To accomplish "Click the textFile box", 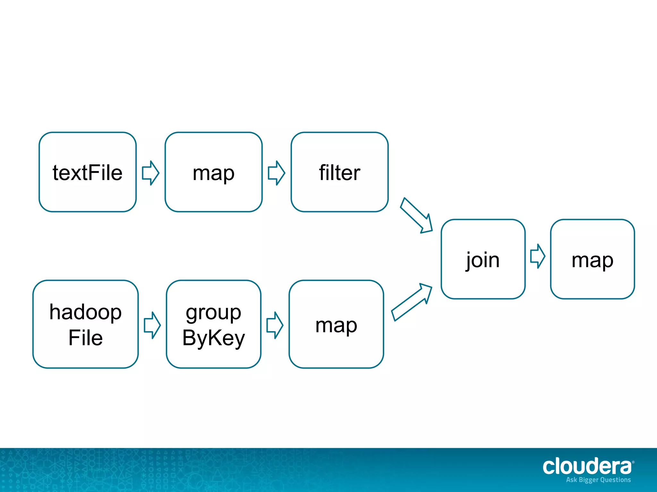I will (87, 172).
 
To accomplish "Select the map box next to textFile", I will (213, 172).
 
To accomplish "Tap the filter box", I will (339, 172).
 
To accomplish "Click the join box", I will (483, 259).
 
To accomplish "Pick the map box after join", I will (592, 259).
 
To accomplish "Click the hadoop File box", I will (85, 324).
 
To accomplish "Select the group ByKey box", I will (213, 324).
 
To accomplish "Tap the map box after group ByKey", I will (336, 324).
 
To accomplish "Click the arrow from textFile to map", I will (150, 173).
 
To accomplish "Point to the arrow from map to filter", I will (276, 173).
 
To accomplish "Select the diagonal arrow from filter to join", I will (417, 215).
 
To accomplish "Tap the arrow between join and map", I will (538, 256).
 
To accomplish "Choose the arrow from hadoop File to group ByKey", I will (152, 325).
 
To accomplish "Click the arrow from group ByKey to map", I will (275, 325).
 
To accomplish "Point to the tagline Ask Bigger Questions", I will (598, 480).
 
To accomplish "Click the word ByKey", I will (213, 338).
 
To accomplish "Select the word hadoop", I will (85, 312).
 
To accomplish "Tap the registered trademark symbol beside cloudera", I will (633, 462).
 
